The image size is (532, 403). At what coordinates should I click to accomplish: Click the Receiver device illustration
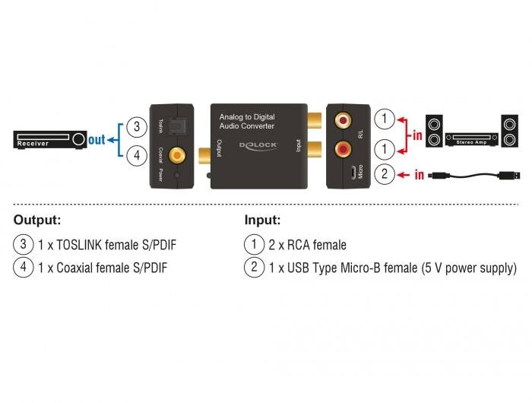tap(50, 140)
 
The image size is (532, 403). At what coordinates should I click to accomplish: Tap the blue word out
tap(97, 140)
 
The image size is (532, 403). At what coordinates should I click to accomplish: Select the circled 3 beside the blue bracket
tap(136, 126)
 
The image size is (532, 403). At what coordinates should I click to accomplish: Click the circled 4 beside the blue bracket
tap(136, 155)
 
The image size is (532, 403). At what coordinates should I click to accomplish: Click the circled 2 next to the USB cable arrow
tap(386, 174)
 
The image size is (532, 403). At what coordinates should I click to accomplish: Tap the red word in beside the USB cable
tap(419, 175)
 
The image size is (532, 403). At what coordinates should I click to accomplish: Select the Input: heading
tap(262, 221)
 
